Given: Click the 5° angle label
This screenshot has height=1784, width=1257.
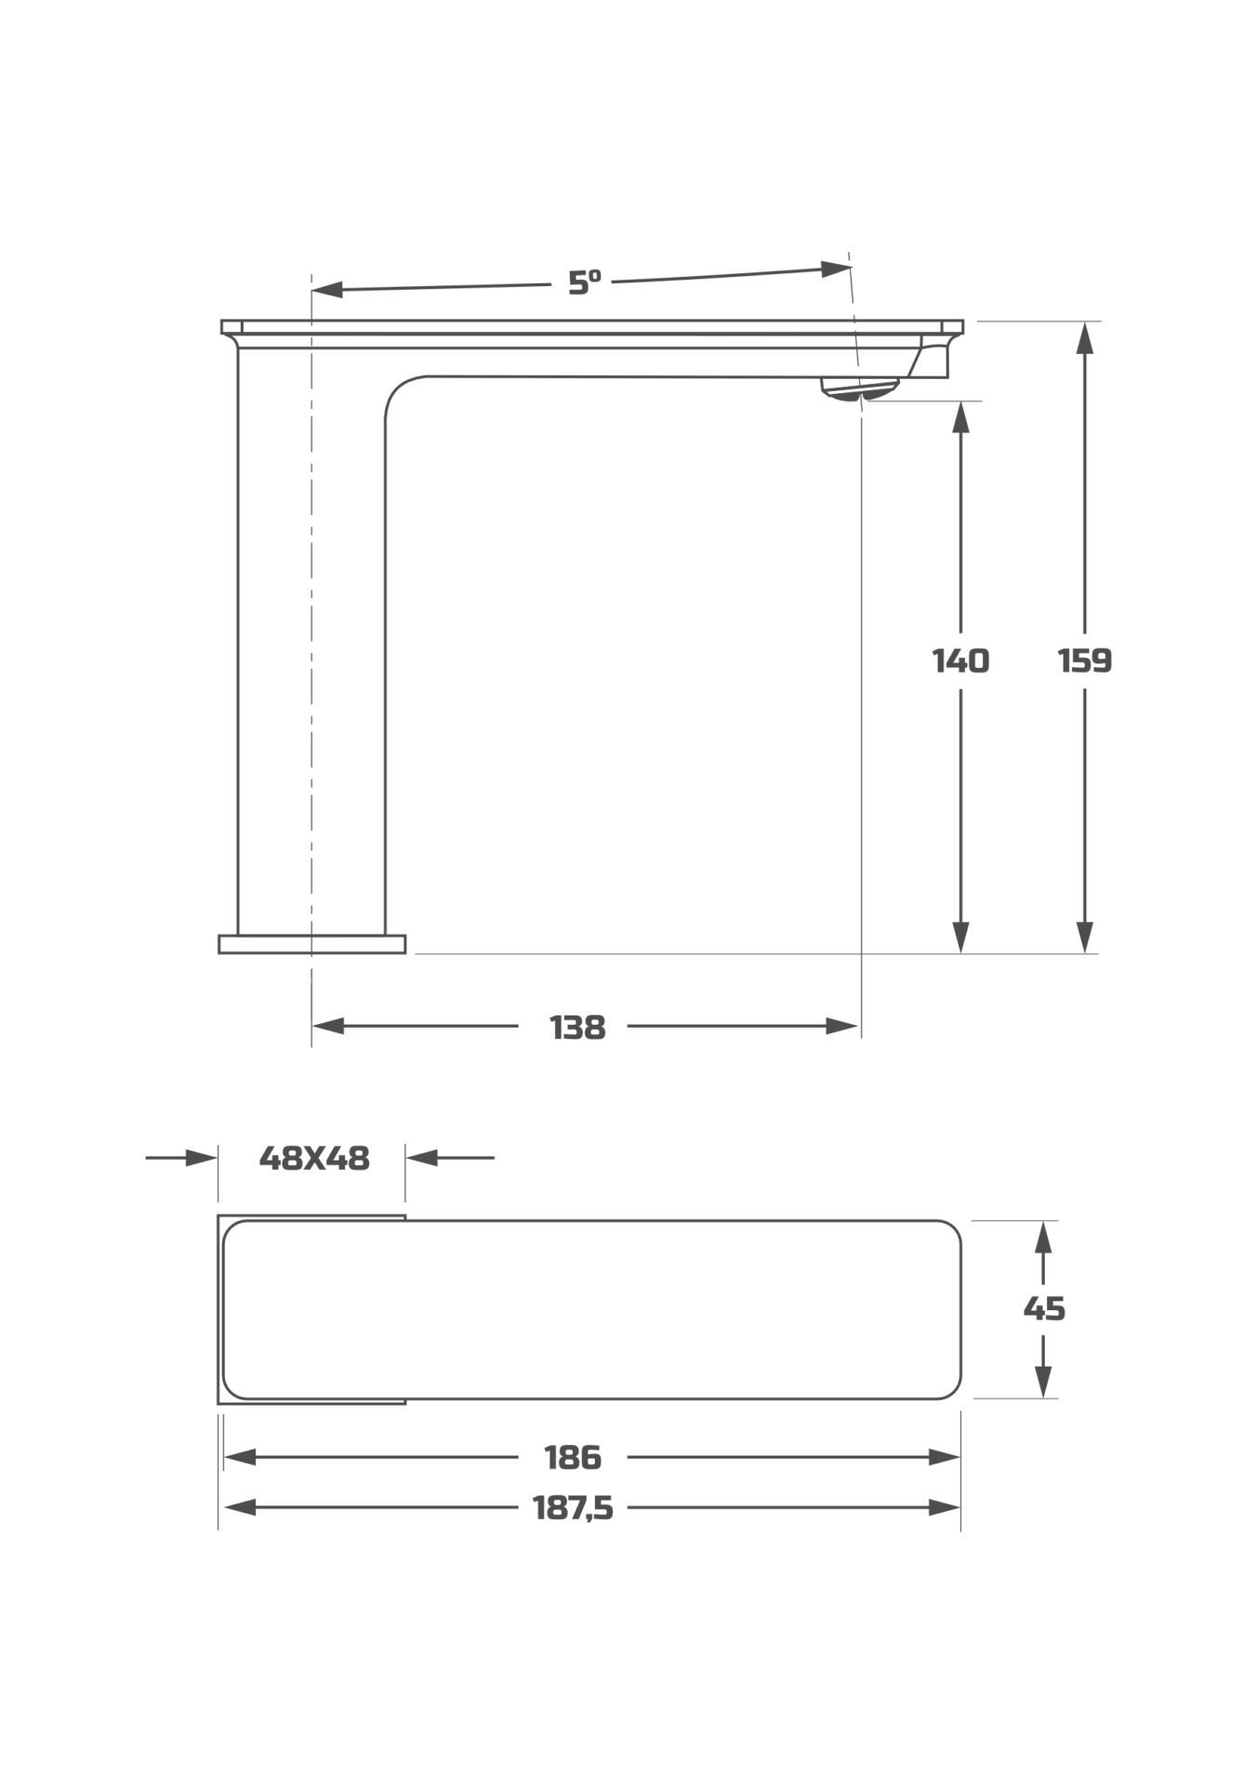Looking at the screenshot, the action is coord(585,282).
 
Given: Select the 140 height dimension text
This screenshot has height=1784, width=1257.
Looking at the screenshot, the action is coord(960,661).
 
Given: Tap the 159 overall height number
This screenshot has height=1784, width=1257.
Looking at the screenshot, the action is coord(1085,661).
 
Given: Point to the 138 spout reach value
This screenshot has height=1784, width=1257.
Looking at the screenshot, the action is coord(577,1028).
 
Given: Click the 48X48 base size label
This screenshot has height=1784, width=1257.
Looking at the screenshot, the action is coord(314,1158).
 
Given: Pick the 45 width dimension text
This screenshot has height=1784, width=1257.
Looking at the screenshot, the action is coord(1044,1308).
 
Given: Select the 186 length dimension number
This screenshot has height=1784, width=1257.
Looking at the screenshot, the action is coord(573,1457).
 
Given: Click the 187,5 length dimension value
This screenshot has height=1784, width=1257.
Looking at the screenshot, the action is coord(573,1507).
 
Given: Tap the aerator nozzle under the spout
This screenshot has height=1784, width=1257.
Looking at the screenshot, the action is coord(860,389).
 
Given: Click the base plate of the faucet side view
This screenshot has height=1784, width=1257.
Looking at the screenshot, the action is coord(312,944).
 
